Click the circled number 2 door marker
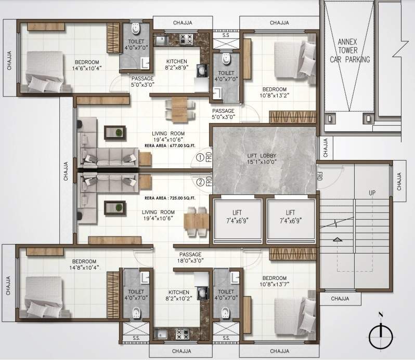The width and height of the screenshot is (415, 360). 200,182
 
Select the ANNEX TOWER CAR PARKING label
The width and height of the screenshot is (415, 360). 353,50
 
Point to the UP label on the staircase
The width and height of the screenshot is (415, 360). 372,193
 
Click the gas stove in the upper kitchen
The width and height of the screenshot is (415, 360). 186,38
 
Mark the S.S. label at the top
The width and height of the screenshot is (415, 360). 226,36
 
